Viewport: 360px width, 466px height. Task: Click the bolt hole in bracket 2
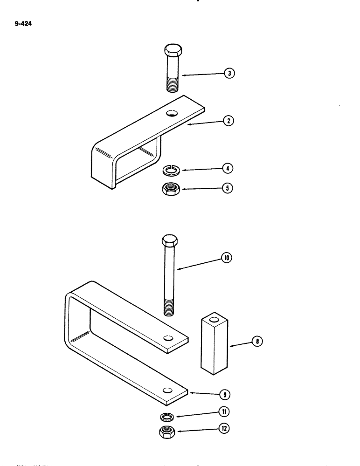[173, 113]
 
